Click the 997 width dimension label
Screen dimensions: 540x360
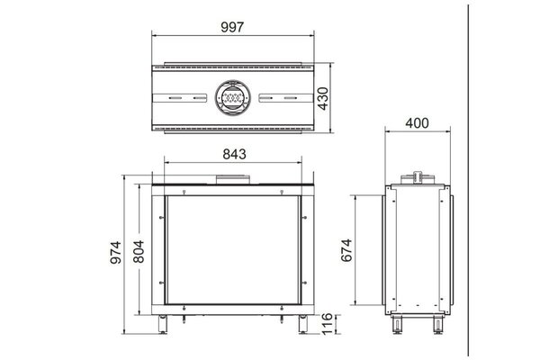pyautogui.click(x=232, y=27)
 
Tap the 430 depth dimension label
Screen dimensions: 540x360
pyautogui.click(x=323, y=98)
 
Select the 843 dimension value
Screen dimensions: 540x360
pyautogui.click(x=235, y=154)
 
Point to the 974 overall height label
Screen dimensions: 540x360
pyautogui.click(x=116, y=253)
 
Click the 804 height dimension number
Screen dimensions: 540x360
pyautogui.click(x=139, y=251)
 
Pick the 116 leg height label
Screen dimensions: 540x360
pyautogui.click(x=327, y=323)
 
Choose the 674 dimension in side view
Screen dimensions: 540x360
pyautogui.click(x=346, y=250)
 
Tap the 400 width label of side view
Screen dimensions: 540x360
pyautogui.click(x=417, y=123)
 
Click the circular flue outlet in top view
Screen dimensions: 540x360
pyautogui.click(x=233, y=97)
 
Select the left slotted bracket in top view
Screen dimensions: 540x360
pyautogui.click(x=180, y=98)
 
